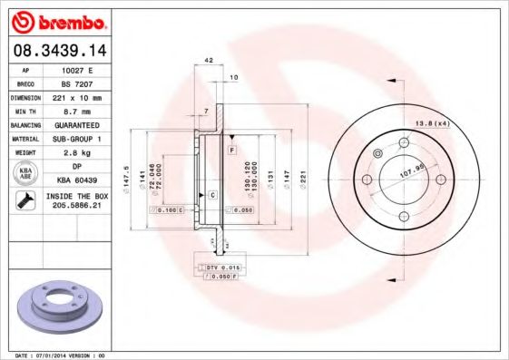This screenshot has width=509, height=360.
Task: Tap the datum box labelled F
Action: coord(232,148)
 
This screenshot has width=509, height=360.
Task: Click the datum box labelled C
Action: coord(212,195)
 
